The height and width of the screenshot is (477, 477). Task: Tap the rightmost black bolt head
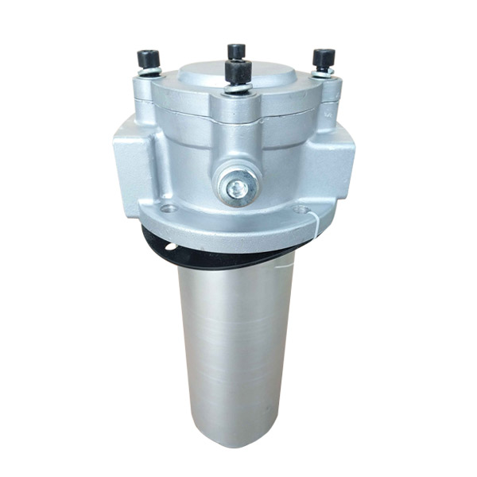pyautogui.click(x=324, y=58)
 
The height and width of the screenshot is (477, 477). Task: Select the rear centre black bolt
pyautogui.click(x=237, y=52)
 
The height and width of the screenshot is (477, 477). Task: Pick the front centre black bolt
pyautogui.click(x=237, y=72)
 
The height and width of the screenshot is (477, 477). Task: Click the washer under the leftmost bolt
pyautogui.click(x=149, y=72)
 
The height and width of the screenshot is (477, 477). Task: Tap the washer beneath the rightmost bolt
pyautogui.click(x=323, y=72)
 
